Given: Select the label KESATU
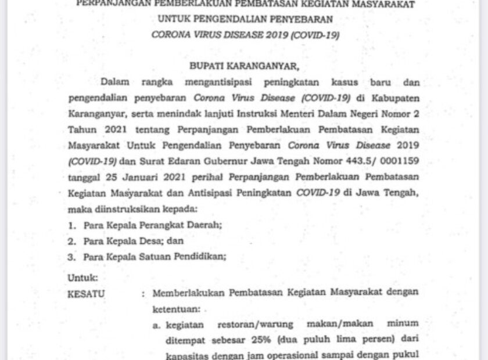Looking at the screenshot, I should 86,294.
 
